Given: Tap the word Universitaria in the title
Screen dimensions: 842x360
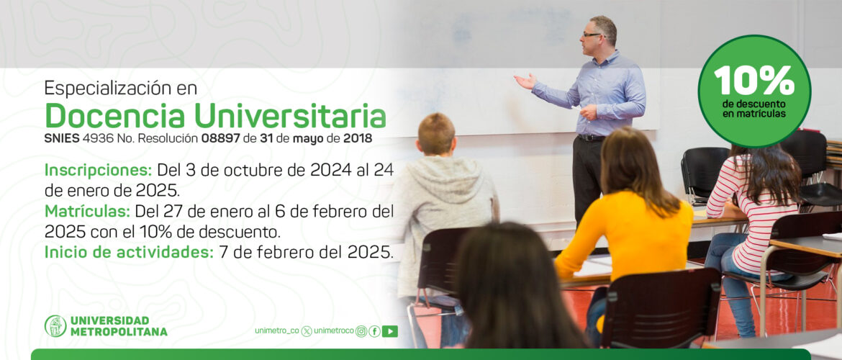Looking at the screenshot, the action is tap(290, 115).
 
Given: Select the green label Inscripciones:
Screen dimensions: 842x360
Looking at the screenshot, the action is tap(99, 171).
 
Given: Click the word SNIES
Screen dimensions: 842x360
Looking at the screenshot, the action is tap(62, 139).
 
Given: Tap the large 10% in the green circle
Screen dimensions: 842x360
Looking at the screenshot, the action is tap(754, 80).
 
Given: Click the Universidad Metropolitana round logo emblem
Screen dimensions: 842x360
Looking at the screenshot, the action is tap(56, 326).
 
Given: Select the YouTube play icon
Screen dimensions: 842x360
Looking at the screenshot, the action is tap(390, 331).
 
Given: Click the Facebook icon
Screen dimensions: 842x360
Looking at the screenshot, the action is tap(374, 331).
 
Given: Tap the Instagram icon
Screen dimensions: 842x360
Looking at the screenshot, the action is tap(361, 331).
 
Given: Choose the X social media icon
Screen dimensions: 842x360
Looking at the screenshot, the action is tap(307, 331).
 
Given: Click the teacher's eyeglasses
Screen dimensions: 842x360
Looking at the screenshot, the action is tap(593, 35).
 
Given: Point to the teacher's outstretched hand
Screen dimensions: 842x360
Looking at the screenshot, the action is tap(525, 81).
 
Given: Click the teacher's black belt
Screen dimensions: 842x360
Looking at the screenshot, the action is tap(592, 138).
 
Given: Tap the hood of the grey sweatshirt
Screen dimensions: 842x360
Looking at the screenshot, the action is tap(443, 172).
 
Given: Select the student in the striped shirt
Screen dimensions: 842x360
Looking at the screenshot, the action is tap(752, 225).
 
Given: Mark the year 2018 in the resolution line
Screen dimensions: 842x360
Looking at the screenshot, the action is tap(358, 139).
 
